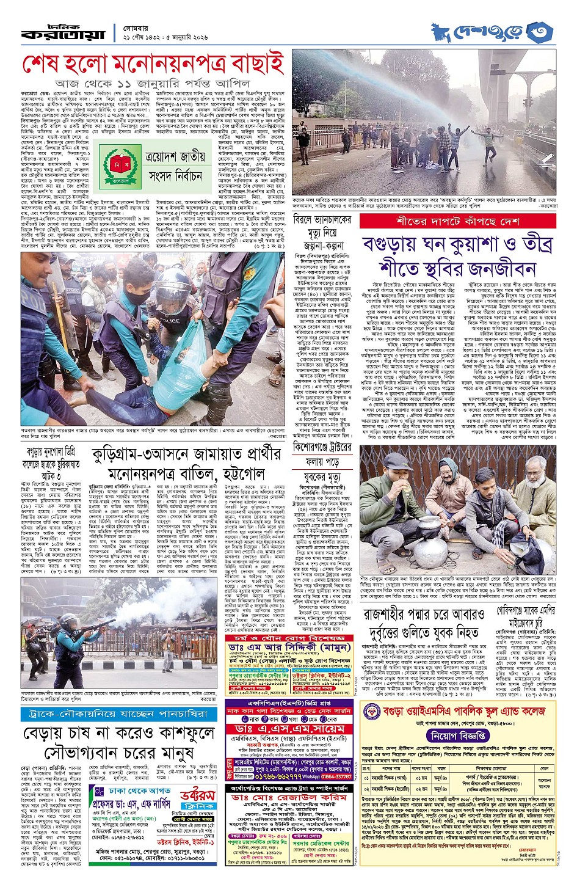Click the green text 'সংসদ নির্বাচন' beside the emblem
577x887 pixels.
175,177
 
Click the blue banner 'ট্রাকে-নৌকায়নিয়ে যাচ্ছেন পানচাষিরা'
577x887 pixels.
119,714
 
